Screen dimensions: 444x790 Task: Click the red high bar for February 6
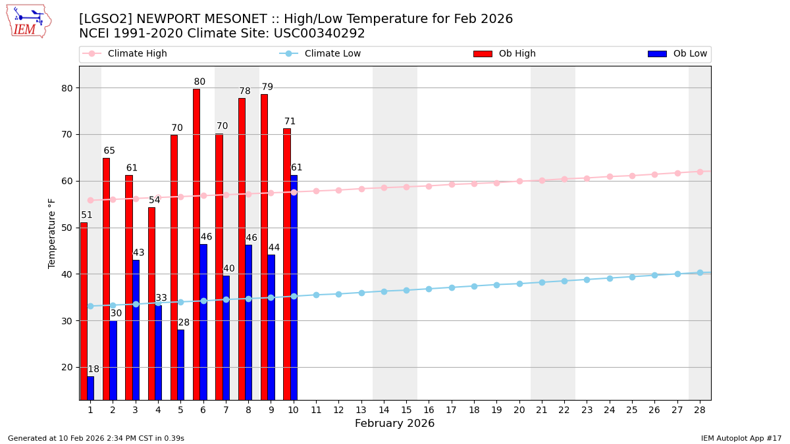[x=196, y=244]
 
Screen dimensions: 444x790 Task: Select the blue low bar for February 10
[x=294, y=287]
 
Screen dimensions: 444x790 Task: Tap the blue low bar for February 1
[x=90, y=388]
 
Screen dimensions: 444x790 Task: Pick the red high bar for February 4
[x=151, y=303]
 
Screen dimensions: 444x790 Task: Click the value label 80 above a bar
[x=199, y=82]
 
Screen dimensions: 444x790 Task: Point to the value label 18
[x=93, y=370]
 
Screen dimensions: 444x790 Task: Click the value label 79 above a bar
[x=267, y=87]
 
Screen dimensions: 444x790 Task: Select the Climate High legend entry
[x=137, y=54]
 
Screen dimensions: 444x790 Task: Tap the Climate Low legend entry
[x=332, y=54]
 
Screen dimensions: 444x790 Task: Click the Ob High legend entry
[x=517, y=54]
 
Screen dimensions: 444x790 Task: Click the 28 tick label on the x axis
[x=700, y=410]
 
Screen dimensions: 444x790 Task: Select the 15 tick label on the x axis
[x=406, y=410]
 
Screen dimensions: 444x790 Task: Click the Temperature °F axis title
[x=52, y=233]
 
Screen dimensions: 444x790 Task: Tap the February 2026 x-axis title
[x=394, y=424]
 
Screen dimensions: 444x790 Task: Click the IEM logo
[x=28, y=21]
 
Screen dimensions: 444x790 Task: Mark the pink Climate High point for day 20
[x=519, y=181]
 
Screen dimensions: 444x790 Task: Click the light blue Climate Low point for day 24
[x=610, y=278]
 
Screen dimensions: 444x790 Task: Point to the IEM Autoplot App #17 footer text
[x=741, y=438]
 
